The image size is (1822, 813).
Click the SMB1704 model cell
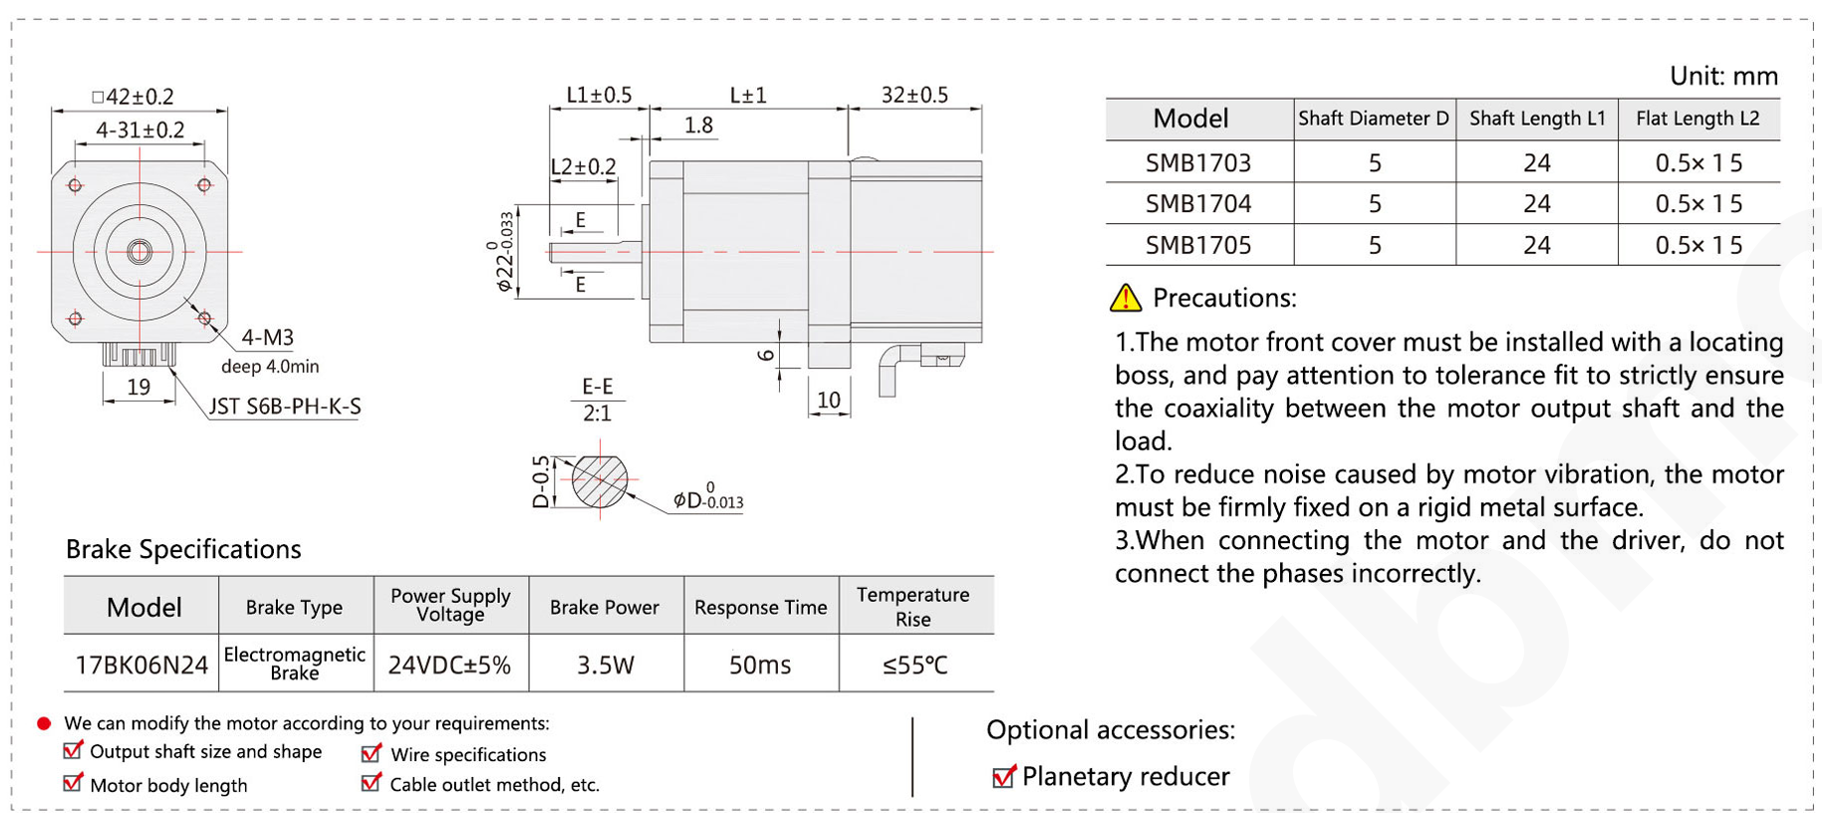(x=1197, y=204)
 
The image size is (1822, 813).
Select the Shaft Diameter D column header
(x=1373, y=119)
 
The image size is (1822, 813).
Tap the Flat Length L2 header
(x=1697, y=119)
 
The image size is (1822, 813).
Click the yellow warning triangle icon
(x=1126, y=297)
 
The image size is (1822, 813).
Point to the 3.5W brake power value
(x=605, y=665)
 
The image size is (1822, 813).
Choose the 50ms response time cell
(x=760, y=665)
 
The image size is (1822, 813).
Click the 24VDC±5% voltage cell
(x=449, y=665)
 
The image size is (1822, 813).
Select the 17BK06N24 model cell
(x=141, y=665)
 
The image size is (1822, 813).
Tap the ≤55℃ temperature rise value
(x=914, y=665)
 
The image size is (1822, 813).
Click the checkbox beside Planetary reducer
(x=1004, y=776)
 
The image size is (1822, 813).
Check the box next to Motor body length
(x=73, y=783)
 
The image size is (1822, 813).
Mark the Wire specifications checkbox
(x=372, y=753)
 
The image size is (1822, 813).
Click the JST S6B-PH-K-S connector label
(x=285, y=406)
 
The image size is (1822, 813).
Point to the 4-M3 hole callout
(x=267, y=338)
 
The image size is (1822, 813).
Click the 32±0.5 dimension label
(x=914, y=95)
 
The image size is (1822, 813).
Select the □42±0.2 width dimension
(x=132, y=97)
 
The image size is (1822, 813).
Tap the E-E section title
(x=597, y=387)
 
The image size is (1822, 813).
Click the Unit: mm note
(x=1723, y=76)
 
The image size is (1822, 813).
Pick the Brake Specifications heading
(x=183, y=549)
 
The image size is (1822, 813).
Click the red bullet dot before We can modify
(x=44, y=723)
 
